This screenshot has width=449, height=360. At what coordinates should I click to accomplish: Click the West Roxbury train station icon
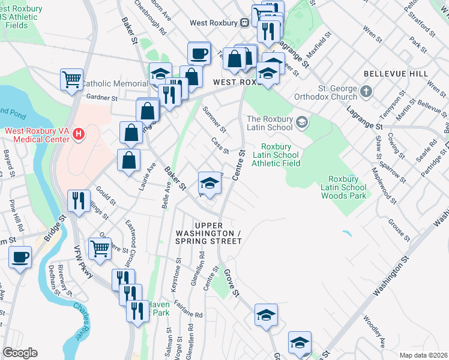pos(245,23)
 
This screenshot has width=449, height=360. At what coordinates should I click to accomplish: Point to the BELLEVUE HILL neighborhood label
pos(396,74)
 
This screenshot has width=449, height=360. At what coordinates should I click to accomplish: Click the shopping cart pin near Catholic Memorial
pos(71,79)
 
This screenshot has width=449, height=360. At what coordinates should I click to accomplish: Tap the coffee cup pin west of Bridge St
pos(21,257)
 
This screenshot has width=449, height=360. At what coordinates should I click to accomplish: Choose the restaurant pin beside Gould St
pos(79,201)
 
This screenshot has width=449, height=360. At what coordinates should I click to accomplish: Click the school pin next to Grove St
pos(266,314)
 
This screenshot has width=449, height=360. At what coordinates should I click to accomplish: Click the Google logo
pos(20,353)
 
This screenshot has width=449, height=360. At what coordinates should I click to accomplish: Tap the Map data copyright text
pos(423,355)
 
